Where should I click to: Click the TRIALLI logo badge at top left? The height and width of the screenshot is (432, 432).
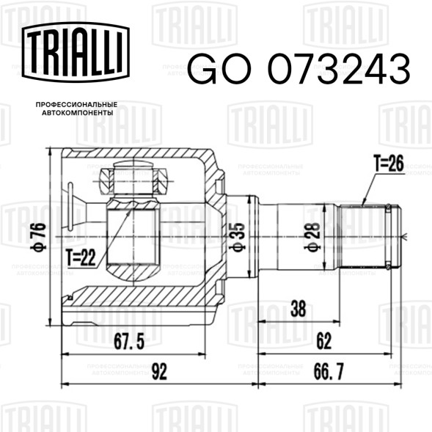click(x=76, y=52)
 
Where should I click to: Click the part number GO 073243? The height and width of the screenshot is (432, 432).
click(x=299, y=69)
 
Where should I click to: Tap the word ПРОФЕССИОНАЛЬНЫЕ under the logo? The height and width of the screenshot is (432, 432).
click(x=76, y=105)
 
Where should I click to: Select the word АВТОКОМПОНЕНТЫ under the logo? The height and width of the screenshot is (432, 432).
click(x=78, y=113)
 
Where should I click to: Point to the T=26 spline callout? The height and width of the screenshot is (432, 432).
click(x=389, y=164)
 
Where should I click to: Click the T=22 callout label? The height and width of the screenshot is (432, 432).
click(x=81, y=258)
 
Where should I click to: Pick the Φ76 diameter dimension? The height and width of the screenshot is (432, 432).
click(x=39, y=237)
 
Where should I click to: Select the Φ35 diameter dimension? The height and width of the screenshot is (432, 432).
click(x=237, y=237)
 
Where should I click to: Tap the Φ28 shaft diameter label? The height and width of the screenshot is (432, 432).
click(x=312, y=236)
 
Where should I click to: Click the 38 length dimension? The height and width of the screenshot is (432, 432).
click(x=298, y=309)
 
